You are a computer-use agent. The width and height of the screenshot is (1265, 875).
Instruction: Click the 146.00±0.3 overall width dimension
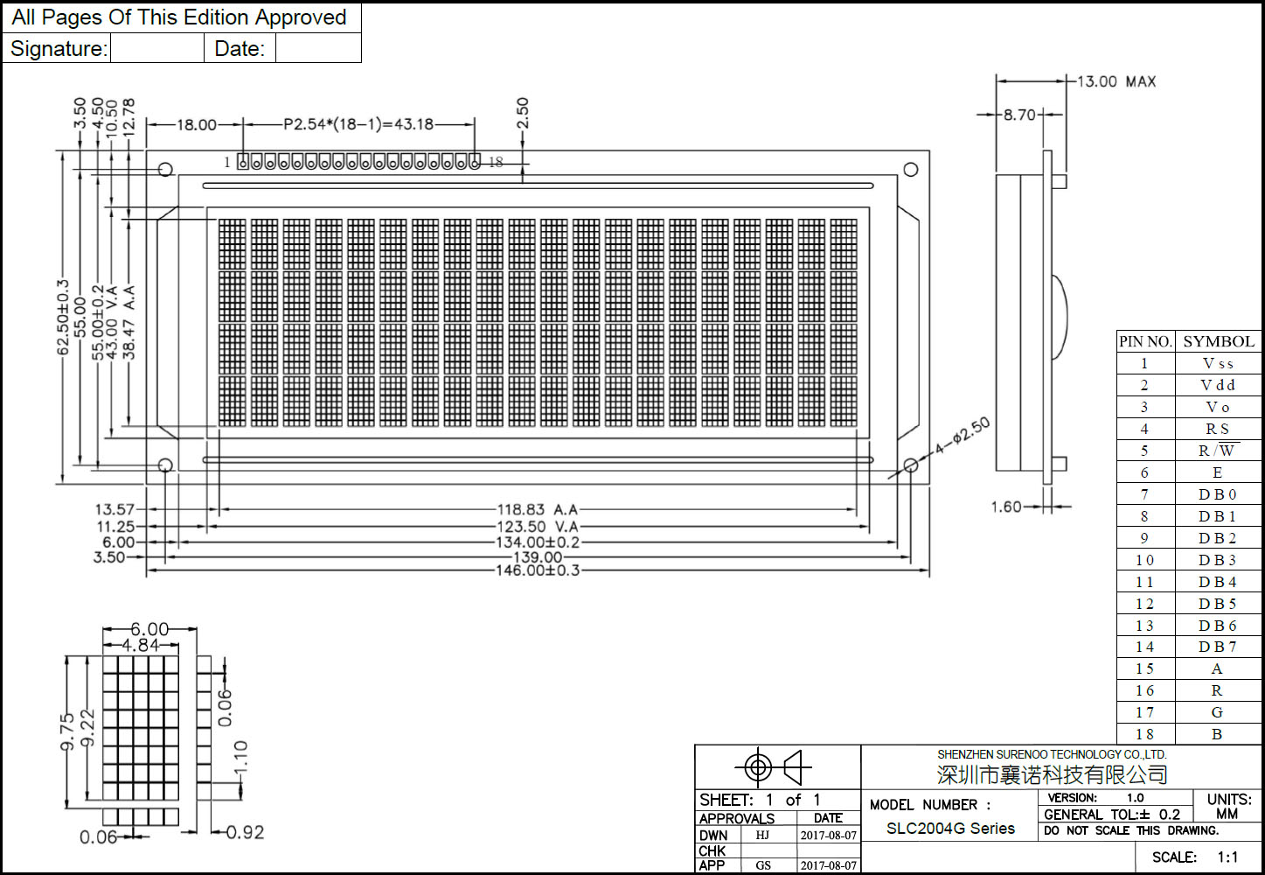click(x=538, y=570)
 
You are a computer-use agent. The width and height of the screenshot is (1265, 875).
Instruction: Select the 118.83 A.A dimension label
click(x=538, y=509)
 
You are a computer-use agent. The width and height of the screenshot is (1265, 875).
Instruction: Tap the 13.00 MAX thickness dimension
click(x=1116, y=81)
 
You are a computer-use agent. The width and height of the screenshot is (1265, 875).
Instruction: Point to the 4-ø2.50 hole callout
click(x=963, y=436)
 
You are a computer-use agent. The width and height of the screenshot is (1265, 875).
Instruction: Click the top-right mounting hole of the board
click(x=910, y=170)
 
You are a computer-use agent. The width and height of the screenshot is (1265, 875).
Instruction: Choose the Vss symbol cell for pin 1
click(x=1217, y=363)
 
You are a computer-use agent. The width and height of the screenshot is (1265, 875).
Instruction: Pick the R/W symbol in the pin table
click(x=1217, y=451)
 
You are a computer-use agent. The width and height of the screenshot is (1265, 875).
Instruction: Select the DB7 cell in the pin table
click(x=1217, y=647)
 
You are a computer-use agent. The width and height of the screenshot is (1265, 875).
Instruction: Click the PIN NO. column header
click(x=1145, y=341)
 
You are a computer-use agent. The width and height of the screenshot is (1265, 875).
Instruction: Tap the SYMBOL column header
click(x=1218, y=341)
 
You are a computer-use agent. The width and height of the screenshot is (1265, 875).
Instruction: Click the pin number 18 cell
click(x=1144, y=734)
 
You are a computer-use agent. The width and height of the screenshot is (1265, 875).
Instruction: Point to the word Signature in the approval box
click(x=58, y=49)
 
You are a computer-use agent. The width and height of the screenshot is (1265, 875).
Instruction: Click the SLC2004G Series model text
click(x=950, y=829)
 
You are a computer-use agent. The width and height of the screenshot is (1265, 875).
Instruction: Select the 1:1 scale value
click(x=1227, y=857)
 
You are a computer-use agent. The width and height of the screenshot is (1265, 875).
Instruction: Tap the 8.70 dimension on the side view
click(x=1018, y=115)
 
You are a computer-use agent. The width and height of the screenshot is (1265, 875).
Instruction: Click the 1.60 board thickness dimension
click(x=1005, y=507)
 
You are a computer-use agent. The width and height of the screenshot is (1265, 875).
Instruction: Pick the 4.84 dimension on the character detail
click(x=140, y=645)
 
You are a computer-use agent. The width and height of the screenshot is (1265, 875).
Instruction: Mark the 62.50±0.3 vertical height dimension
click(x=62, y=317)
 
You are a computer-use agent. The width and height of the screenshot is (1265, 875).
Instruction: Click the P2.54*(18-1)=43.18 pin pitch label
click(x=358, y=124)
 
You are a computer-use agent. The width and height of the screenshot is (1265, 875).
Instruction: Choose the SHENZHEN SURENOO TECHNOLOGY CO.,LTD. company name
click(x=1052, y=754)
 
